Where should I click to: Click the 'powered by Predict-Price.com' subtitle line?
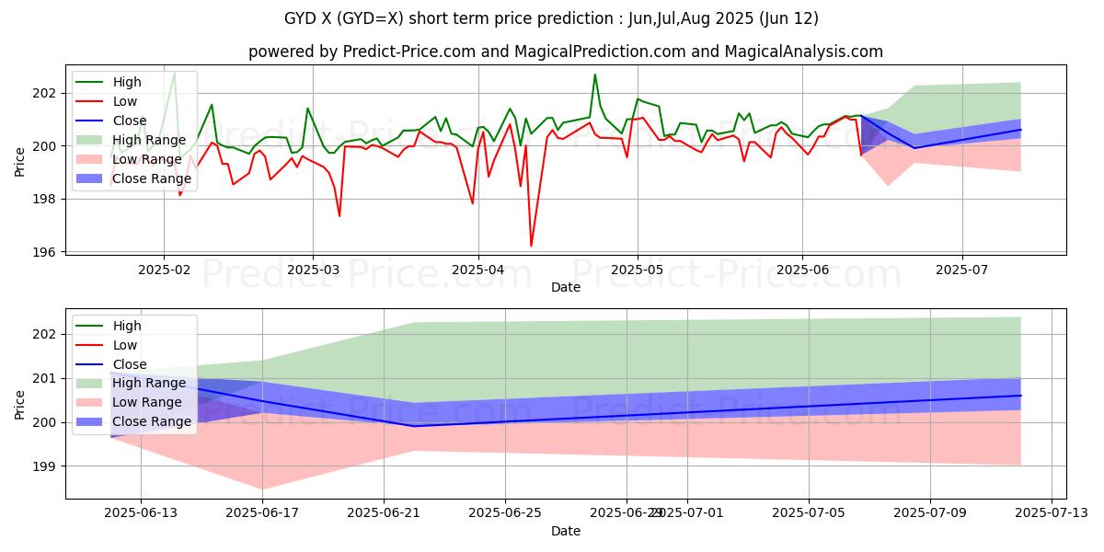click(x=565, y=52)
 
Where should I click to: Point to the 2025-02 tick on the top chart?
click(x=164, y=270)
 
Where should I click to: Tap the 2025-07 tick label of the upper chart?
click(x=962, y=270)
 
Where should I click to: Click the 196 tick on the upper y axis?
click(x=49, y=252)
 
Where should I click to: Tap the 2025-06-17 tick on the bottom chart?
click(x=262, y=513)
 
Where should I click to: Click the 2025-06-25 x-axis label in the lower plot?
click(x=505, y=513)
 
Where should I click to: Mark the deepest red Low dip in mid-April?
click(x=531, y=246)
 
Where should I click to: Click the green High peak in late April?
click(x=595, y=75)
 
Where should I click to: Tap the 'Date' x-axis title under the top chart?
click(x=565, y=288)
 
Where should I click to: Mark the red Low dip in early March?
click(x=339, y=216)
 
